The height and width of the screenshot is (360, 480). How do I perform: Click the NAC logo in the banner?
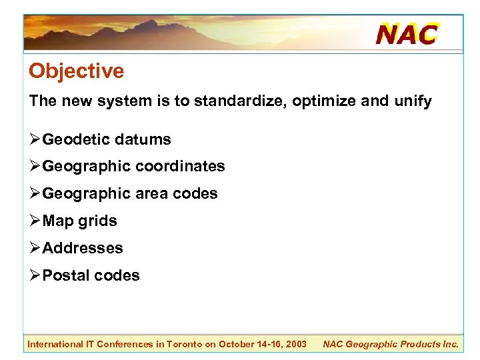[x=407, y=33]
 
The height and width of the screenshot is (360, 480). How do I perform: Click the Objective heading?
[x=76, y=71]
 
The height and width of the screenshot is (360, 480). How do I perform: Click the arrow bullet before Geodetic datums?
[x=35, y=139]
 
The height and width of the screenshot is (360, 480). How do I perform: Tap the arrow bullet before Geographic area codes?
[x=35, y=193]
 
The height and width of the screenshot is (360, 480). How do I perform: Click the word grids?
[x=97, y=221]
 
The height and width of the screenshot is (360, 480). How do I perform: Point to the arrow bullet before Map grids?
[x=35, y=221]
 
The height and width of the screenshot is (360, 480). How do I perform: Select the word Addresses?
[x=83, y=248]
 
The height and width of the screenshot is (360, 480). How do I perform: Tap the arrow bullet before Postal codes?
[x=35, y=275]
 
